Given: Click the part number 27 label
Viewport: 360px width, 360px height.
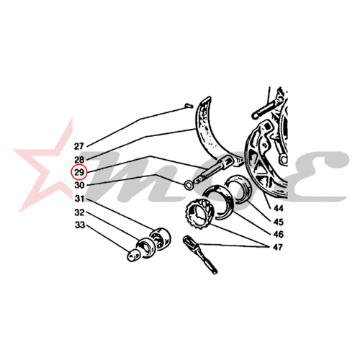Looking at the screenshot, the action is pyautogui.click(x=78, y=146).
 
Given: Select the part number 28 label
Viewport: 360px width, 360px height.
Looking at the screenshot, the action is pyautogui.click(x=79, y=160).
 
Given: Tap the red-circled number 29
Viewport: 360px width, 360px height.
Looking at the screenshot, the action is pyautogui.click(x=79, y=172).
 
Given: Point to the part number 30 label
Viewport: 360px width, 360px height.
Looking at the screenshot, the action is pyautogui.click(x=79, y=185).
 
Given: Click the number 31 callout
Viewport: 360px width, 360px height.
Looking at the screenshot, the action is pyautogui.click(x=79, y=199).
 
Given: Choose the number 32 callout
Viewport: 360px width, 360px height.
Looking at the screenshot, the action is pyautogui.click(x=79, y=212).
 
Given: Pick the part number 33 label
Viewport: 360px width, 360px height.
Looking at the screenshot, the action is pyautogui.click(x=80, y=225).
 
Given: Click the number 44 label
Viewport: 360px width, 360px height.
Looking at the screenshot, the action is pyautogui.click(x=279, y=209).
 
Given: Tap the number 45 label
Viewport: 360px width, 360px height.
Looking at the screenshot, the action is pyautogui.click(x=279, y=222).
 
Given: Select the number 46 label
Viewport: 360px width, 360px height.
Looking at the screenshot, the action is pyautogui.click(x=279, y=234).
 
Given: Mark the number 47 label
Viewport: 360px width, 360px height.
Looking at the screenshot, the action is pyautogui.click(x=278, y=247).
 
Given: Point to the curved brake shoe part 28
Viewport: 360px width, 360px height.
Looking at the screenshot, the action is pyautogui.click(x=207, y=131).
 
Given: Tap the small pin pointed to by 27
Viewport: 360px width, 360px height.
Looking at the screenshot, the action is pyautogui.click(x=189, y=105).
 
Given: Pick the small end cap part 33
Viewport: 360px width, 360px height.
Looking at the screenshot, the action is pyautogui.click(x=133, y=255).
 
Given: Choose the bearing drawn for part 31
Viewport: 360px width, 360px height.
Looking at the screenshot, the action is pyautogui.click(x=160, y=238).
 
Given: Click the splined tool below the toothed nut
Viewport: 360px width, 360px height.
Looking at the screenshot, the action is pyautogui.click(x=199, y=254).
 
